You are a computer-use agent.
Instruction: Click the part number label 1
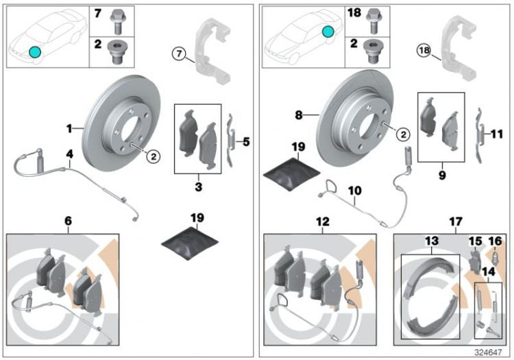pos(69,128)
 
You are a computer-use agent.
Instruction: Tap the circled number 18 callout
pos(426,50)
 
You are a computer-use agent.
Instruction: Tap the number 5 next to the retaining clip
pos(246,142)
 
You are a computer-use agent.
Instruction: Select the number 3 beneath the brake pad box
pos(197,185)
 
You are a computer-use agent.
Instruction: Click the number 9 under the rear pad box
pos(442,176)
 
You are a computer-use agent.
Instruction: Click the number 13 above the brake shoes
pos(432,242)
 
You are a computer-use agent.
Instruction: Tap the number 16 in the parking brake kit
pos(495,241)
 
